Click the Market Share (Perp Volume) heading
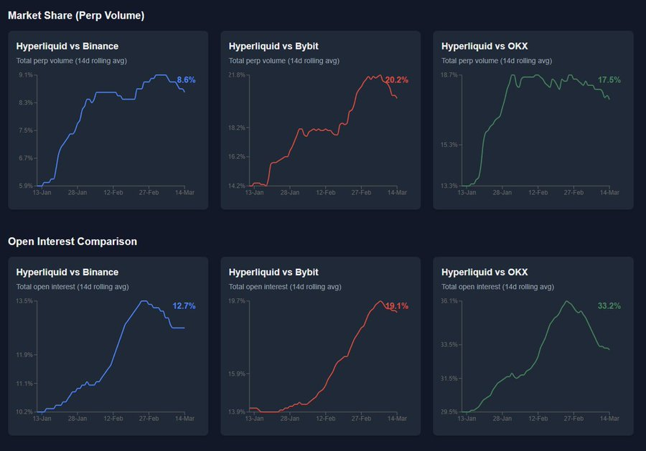click(x=76, y=16)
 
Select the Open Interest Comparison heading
click(x=72, y=242)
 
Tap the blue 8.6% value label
click(x=186, y=80)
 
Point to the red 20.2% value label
click(x=397, y=80)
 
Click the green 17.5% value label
click(x=609, y=80)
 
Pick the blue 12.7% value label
click(x=184, y=306)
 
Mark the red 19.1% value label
click(x=397, y=306)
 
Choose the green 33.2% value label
click(x=609, y=306)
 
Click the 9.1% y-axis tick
click(x=26, y=75)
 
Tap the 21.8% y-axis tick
click(x=237, y=75)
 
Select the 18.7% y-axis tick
click(x=449, y=75)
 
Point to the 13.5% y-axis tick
click(x=24, y=301)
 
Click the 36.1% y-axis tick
click(x=449, y=301)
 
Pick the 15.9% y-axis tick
click(x=237, y=374)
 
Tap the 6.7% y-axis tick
click(x=26, y=158)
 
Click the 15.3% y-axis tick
click(x=449, y=145)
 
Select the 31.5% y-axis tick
click(x=449, y=379)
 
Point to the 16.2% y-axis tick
click(x=237, y=157)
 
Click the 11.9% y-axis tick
click(x=24, y=355)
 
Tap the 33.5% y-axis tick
click(x=449, y=345)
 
